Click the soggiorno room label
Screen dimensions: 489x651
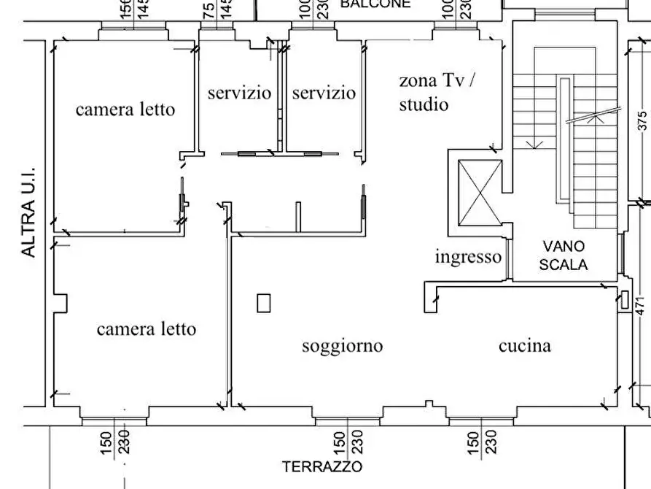coord(342,346)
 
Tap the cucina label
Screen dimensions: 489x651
coord(524,346)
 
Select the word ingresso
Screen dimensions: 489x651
coord(468,257)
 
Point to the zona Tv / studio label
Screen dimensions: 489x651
coord(436,92)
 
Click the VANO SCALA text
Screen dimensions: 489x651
coord(563,256)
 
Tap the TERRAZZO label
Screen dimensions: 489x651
coord(322,467)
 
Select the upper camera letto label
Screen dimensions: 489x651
coord(125,109)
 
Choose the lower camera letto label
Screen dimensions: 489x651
coord(146,329)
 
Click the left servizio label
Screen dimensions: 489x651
coord(239,93)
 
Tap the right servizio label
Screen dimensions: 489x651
coord(324,93)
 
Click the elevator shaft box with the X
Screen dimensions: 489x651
coord(479,193)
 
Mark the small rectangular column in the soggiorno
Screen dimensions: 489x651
coord(264,302)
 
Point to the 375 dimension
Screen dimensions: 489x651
coord(642,120)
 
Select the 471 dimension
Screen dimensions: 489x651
coord(642,305)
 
